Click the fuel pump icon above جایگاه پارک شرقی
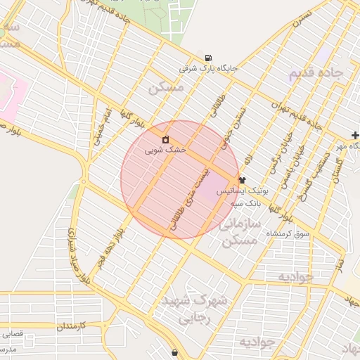click(208, 58)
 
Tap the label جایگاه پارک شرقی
click(209, 69)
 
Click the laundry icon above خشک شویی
click(166, 139)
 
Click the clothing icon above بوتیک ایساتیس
click(243, 180)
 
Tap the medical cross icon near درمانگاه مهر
click(355, 134)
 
